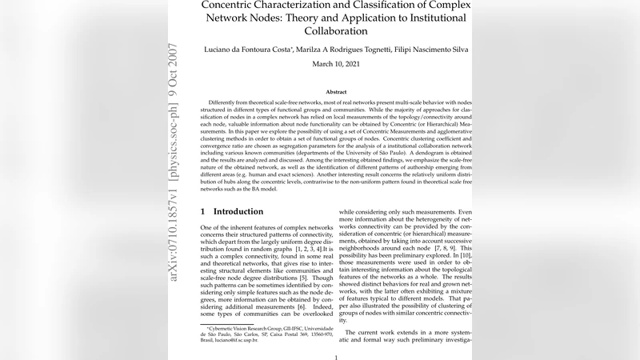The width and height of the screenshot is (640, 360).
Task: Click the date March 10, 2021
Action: tap(335, 63)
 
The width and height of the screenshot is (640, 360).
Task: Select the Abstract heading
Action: tap(335, 92)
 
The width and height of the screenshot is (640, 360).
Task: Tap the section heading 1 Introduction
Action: tap(230, 211)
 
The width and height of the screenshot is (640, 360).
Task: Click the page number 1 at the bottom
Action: tap(335, 357)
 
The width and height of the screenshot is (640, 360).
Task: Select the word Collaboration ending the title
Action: tap(335, 31)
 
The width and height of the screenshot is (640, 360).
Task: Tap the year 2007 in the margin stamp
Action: tap(175, 61)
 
